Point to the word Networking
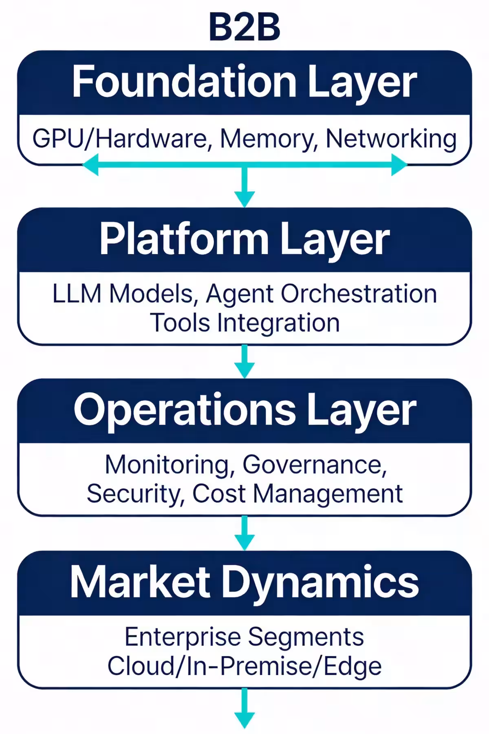pos(391,139)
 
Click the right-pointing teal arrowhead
pos(399,165)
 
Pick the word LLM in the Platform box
pos(77,294)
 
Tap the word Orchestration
pos(359,294)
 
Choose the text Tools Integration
pos(244,323)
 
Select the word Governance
pos(314,464)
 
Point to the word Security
pos(133,493)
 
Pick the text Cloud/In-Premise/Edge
pos(244,665)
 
